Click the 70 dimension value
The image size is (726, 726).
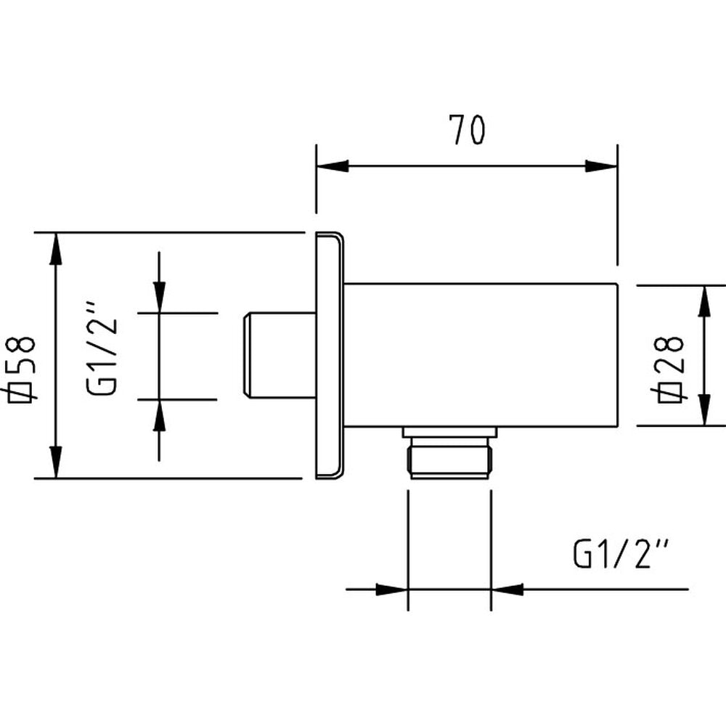(x=466, y=131)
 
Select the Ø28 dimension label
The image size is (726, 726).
(x=669, y=367)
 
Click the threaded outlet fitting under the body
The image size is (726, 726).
(x=450, y=462)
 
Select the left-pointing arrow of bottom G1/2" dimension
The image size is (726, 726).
(x=508, y=589)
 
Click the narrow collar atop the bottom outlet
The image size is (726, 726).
(x=450, y=433)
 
